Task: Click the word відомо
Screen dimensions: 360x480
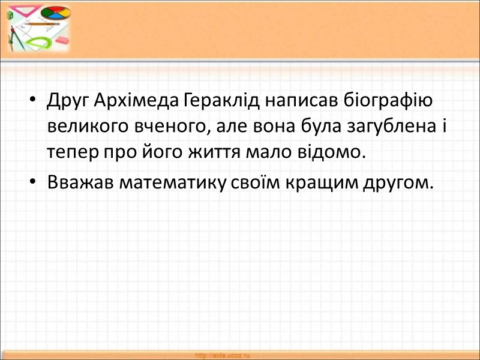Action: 334,153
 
